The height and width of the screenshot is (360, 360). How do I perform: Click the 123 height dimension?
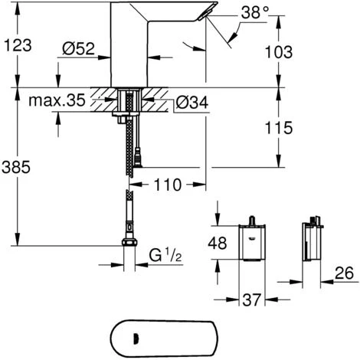tap(18, 45)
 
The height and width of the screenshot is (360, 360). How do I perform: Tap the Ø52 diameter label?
tap(78, 48)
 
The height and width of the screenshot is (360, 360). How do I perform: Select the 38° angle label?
tap(255, 12)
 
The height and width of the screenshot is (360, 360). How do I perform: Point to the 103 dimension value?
tap(279, 52)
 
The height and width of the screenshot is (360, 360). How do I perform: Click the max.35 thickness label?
tap(57, 100)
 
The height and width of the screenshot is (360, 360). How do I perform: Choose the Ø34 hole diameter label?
tap(192, 103)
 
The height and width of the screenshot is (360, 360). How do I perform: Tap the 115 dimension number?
tap(279, 128)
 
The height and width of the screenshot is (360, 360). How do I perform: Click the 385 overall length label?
tap(16, 167)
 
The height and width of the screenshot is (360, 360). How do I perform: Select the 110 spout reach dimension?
tap(168, 185)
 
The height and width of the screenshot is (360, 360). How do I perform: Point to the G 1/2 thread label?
tap(165, 255)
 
